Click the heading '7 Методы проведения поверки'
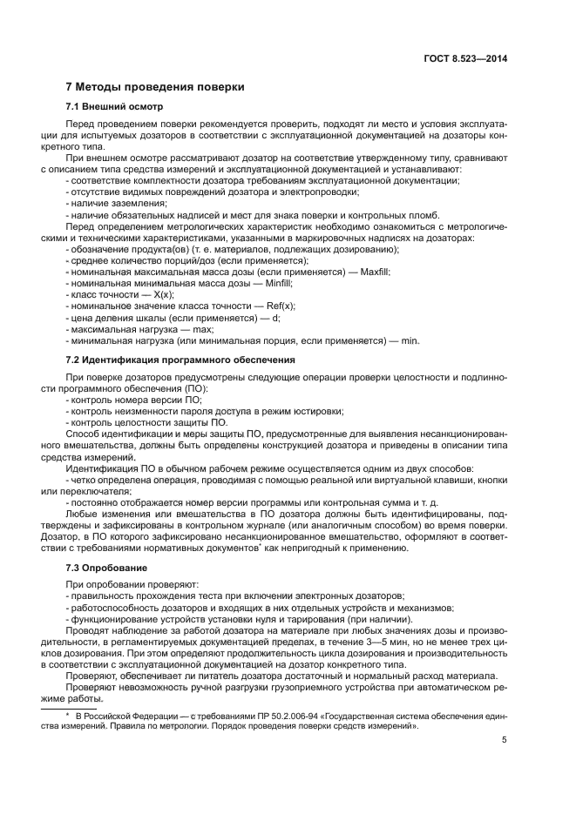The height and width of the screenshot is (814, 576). (156, 87)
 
